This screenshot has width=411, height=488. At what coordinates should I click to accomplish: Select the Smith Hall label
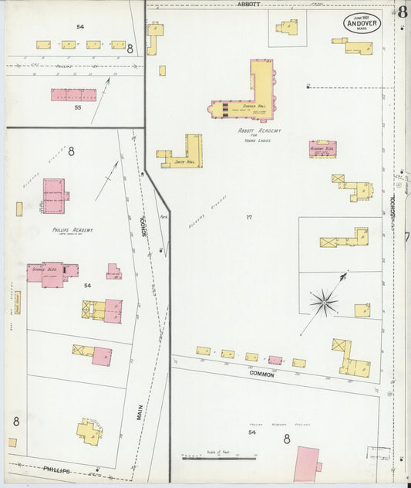pyautogui.click(x=183, y=162)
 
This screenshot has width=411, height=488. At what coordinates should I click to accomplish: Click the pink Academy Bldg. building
pyautogui.click(x=322, y=148)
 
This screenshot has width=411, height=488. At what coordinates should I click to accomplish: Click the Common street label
pyautogui.click(x=262, y=373)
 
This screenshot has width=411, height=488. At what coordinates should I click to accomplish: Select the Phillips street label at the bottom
pyautogui.click(x=56, y=469)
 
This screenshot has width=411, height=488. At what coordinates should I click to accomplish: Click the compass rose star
pyautogui.click(x=324, y=300)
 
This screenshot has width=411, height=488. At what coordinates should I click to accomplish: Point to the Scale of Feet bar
pyautogui.click(x=208, y=457)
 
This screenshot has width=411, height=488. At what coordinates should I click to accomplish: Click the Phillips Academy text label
pyautogui.click(x=73, y=230)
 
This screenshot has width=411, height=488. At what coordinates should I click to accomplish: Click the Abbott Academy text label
pyautogui.click(x=258, y=131)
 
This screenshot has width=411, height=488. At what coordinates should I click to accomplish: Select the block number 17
pyautogui.click(x=249, y=217)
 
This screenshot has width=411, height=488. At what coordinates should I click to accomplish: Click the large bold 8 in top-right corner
pyautogui.click(x=403, y=12)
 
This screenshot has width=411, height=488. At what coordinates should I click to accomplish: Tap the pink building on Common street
pyautogui.click(x=275, y=360)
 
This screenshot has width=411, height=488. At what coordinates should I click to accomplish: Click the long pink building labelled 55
pyautogui.click(x=74, y=95)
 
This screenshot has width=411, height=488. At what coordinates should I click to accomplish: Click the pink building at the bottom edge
pyautogui.click(x=307, y=465)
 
